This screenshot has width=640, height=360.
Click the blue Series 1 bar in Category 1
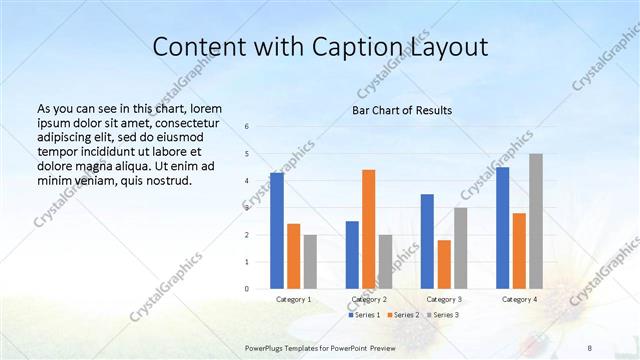277,230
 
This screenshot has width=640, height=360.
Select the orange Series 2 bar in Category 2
369,228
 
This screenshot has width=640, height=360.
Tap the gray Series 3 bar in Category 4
536,220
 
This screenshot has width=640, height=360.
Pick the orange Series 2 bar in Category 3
444,263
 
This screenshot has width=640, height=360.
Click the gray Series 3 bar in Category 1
310,261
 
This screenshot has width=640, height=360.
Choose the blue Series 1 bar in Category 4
502,227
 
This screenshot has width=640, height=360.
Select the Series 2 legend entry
403,315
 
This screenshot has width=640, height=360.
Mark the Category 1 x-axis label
294,299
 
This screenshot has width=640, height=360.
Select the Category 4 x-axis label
519,299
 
